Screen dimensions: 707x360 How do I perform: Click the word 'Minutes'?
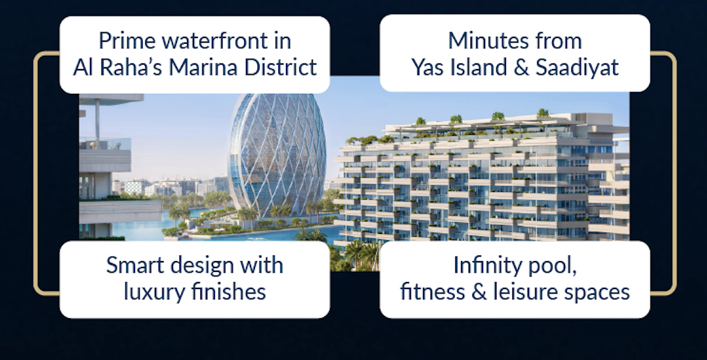click(x=481, y=41)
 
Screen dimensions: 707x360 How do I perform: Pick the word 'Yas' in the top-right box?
click(x=427, y=68)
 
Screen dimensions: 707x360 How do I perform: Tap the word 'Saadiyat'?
click(x=577, y=68)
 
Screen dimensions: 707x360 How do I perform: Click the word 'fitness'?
click(x=432, y=291)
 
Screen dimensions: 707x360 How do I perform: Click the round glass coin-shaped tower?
click(x=277, y=155)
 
